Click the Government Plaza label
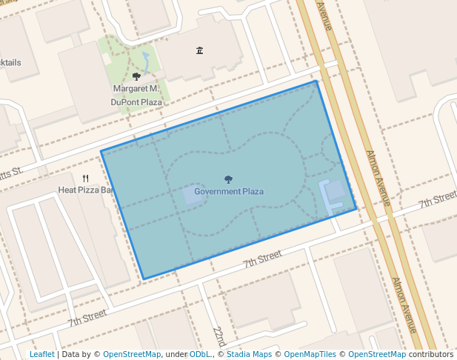tap(229, 192)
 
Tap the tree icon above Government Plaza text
tap(228, 179)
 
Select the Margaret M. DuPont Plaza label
tap(136, 95)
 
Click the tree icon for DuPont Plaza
tap(136, 76)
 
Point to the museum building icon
tap(199, 50)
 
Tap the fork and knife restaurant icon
tap(86, 179)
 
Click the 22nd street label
tap(219, 336)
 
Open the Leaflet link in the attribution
tap(42, 354)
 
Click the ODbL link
tap(201, 354)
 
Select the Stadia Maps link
tap(249, 354)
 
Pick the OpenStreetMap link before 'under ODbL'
tap(132, 354)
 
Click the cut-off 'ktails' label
tap(10, 63)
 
